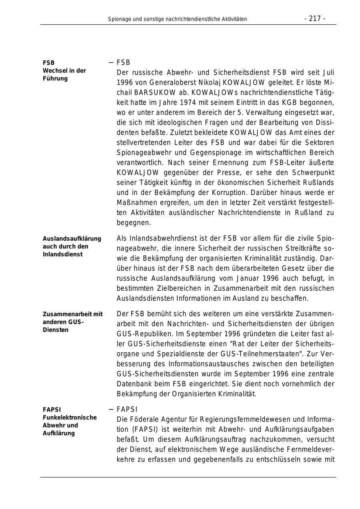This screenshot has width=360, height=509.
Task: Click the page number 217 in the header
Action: pos(315,18)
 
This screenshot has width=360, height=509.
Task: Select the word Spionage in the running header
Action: pos(119,19)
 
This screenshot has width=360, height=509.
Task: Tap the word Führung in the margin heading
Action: pos(55,78)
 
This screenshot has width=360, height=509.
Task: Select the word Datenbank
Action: pos(134,384)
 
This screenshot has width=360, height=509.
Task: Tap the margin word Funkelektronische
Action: pos(70,417)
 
